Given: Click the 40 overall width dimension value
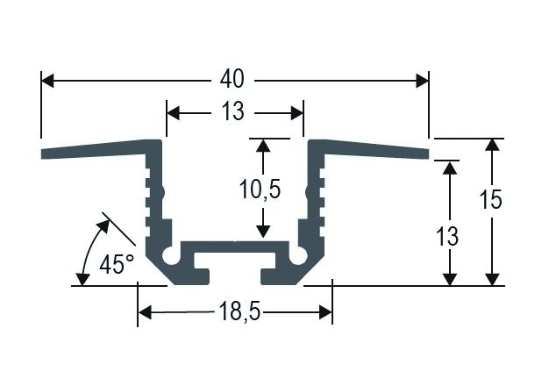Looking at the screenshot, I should (x=232, y=81).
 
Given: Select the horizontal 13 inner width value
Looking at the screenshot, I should (x=233, y=113).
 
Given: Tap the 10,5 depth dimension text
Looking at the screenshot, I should (x=260, y=188).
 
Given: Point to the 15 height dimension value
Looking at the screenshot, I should (x=492, y=200).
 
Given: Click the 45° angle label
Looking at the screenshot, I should (x=117, y=264).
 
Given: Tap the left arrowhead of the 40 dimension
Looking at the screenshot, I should (x=48, y=81).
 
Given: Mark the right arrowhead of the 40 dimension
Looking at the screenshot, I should (x=422, y=81).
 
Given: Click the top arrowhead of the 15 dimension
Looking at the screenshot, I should (x=494, y=146).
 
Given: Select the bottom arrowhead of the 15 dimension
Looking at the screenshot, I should (x=494, y=278).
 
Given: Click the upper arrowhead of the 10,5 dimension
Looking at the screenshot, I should (x=261, y=146).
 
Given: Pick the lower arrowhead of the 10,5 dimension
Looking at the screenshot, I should (x=261, y=232).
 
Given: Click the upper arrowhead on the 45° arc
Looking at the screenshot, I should (x=103, y=224).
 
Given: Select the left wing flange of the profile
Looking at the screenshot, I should (x=96, y=150).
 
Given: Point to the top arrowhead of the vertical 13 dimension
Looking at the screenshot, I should (x=450, y=167).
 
